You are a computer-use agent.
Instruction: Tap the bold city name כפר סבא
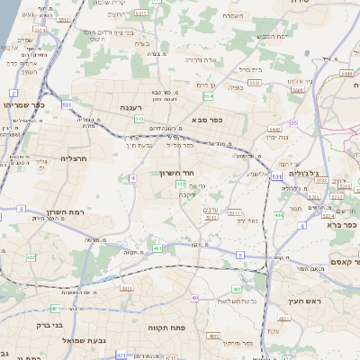tap(206, 118)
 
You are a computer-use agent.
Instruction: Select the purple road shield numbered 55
tap(293, 121)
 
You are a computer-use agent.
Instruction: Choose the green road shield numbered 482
tap(31, 257)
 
